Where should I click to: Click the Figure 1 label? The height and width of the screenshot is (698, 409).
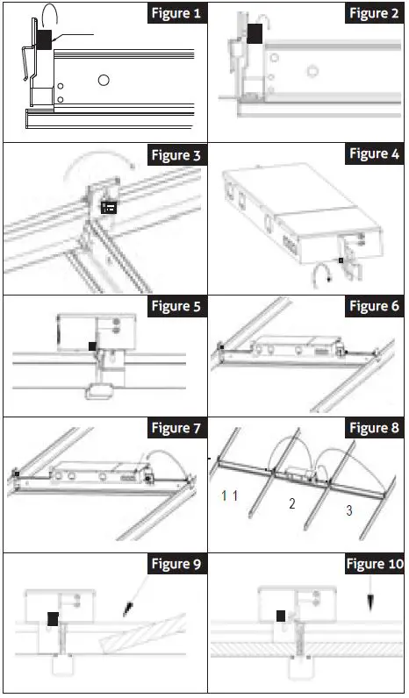[176, 13]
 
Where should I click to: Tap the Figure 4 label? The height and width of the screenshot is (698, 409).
[374, 153]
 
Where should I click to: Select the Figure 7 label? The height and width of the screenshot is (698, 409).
[176, 428]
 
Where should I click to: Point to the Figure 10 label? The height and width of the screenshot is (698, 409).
[375, 564]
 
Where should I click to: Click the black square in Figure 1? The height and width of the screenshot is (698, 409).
[44, 39]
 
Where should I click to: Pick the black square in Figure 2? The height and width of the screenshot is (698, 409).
[255, 34]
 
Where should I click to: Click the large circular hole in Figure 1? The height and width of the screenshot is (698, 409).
[104, 80]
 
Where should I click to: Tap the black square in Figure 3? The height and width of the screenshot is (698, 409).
[109, 207]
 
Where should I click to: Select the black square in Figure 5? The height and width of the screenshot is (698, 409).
[93, 345]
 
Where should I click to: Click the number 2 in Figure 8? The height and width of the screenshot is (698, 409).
[291, 503]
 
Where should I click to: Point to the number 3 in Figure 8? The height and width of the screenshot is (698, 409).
[349, 510]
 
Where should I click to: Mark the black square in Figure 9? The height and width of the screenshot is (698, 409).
[53, 619]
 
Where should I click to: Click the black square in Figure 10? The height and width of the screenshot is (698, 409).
[281, 616]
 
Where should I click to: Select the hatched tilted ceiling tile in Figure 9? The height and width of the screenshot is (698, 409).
[142, 633]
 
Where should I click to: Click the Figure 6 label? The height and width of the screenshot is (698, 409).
[374, 306]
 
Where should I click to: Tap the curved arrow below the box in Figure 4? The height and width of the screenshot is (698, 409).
[322, 274]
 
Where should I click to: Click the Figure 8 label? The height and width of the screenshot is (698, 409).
[374, 428]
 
